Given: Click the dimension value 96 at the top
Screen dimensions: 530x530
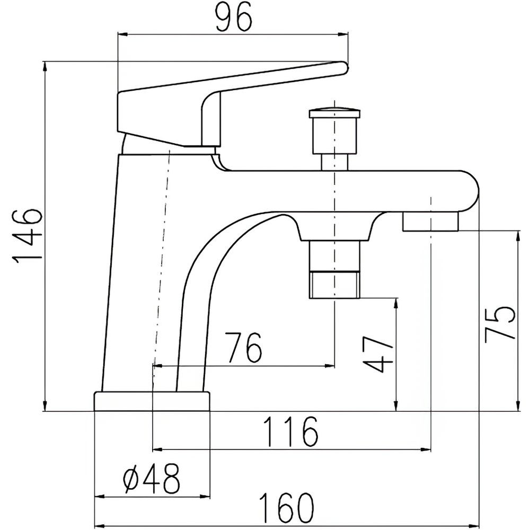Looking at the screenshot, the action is [234, 17].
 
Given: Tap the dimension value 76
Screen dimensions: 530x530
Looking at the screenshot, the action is [243, 347].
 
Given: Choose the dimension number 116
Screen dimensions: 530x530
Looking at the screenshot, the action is [290, 431].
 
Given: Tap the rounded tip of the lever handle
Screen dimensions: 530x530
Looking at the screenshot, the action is [343, 68].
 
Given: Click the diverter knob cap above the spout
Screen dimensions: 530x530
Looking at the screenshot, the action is [334, 113].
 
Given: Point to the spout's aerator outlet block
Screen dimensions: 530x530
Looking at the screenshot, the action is [430, 221].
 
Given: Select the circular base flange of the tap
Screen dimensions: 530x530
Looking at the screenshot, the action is [152, 401].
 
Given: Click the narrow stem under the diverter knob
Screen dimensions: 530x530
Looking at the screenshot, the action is [334, 162].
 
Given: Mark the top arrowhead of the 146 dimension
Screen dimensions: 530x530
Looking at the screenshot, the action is [45, 66].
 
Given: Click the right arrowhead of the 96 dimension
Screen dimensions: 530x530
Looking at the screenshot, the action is [343, 34].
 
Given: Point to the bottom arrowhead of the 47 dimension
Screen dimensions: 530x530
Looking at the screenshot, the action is [396, 407].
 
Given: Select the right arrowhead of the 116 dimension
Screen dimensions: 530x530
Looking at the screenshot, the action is [426, 449].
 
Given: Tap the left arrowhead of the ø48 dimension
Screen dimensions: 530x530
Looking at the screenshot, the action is [100, 497].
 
